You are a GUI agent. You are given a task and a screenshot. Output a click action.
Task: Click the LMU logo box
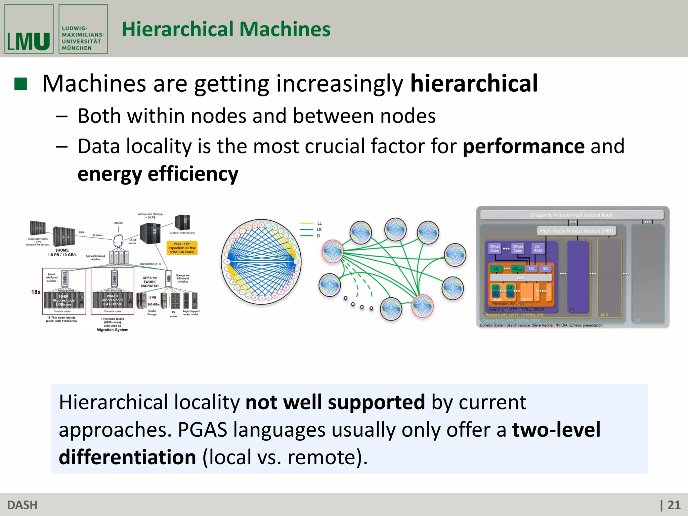tap(29, 29)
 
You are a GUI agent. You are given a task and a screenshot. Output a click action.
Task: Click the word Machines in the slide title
tap(285, 29)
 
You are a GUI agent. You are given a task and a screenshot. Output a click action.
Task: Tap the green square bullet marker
tap(20, 84)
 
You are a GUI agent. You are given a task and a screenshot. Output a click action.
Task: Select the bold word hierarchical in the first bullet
tap(474, 84)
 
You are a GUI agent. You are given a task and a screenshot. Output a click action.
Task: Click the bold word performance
tap(523, 146)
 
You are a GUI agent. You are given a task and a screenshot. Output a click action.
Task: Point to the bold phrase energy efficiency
tap(158, 174)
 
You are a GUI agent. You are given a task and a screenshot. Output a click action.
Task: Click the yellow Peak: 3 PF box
tap(182, 248)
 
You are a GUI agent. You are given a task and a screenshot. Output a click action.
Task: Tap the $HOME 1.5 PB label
tap(62, 253)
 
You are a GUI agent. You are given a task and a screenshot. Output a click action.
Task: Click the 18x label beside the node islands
tap(36, 292)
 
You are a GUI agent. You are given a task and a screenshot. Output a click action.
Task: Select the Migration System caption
tap(112, 330)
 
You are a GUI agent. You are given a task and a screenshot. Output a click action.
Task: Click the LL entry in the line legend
tap(319, 223)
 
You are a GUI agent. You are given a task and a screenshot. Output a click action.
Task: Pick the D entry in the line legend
tap(318, 236)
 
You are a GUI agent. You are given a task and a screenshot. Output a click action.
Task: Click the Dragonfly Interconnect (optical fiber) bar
tap(572, 215)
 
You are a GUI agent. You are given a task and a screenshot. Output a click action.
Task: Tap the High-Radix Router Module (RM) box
tap(576, 231)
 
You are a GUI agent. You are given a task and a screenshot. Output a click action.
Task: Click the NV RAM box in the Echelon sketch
tap(537, 249)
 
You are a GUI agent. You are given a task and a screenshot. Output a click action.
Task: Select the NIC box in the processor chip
tap(545, 268)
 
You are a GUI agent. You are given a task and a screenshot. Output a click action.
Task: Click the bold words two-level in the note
tap(556, 430)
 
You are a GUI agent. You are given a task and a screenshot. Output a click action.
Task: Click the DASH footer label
tap(22, 505)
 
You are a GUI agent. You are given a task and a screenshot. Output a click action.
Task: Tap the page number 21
tap(674, 505)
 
